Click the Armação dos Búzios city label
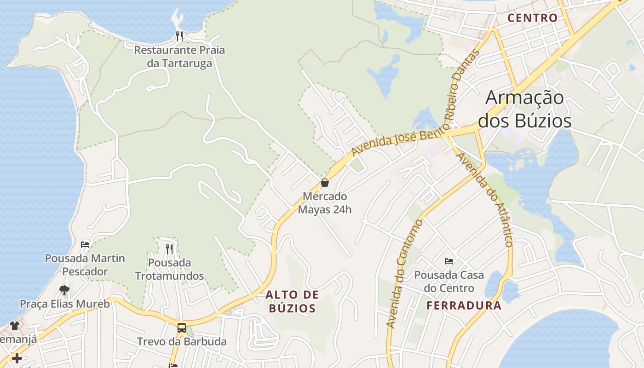(x=525, y=109)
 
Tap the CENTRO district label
(x=532, y=18)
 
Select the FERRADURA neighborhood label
(x=464, y=305)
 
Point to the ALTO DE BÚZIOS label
(x=293, y=301)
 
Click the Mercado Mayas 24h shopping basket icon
(x=325, y=183)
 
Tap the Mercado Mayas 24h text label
(x=325, y=203)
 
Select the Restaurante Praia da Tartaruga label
(x=179, y=56)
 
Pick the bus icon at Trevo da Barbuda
(x=182, y=328)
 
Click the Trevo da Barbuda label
(x=182, y=342)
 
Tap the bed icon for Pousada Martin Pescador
(x=85, y=244)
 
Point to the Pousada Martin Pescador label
(x=85, y=264)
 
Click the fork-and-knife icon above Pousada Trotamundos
(x=169, y=249)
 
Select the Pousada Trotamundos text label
(x=169, y=269)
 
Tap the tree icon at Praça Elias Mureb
(x=64, y=290)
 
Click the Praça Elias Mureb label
(x=64, y=304)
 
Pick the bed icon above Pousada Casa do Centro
(x=449, y=261)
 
